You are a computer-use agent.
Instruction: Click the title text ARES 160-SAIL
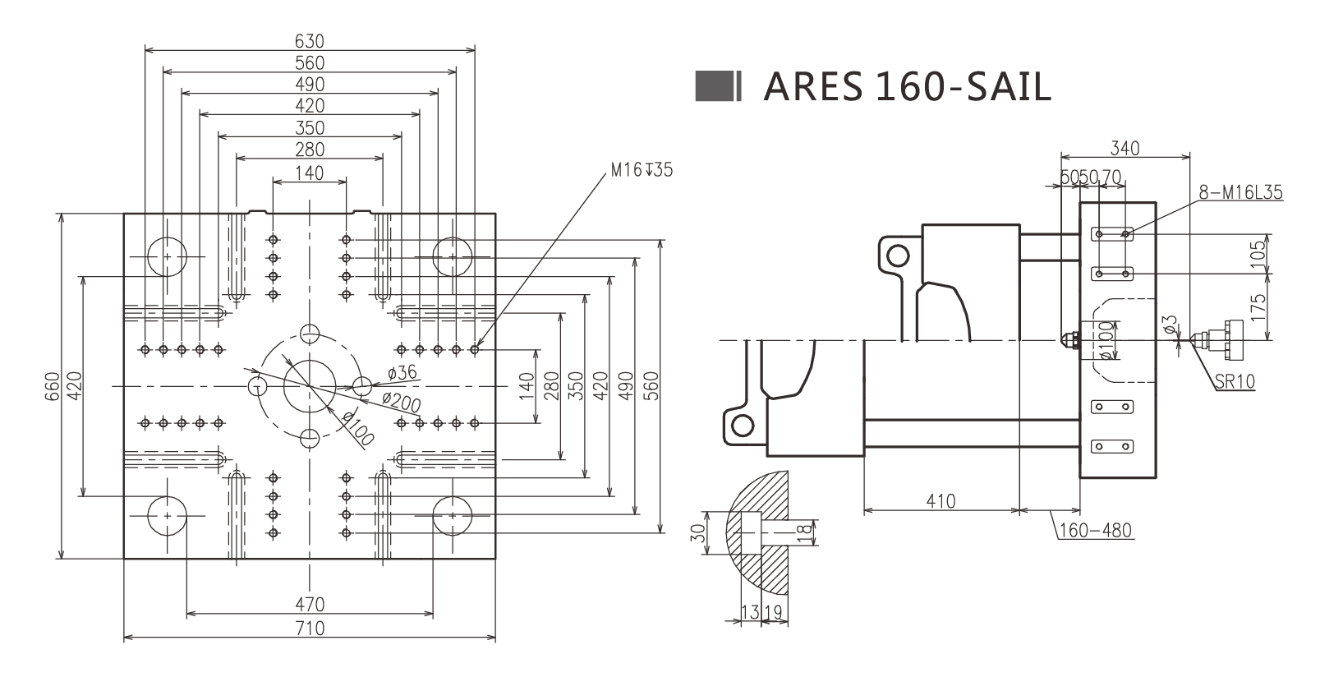coord(907,86)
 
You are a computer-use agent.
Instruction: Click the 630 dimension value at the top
coord(310,40)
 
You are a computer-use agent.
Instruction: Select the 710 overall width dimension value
coord(310,629)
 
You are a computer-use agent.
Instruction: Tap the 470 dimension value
coord(310,605)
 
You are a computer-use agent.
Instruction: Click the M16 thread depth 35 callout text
coord(641,170)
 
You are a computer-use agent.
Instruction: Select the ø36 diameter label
coord(402,372)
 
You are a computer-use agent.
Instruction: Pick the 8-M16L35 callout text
coord(1240,193)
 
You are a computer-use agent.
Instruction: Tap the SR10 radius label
coord(1234,382)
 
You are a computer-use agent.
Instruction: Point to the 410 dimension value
coord(941,500)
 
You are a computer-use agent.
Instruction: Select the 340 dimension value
coord(1125,148)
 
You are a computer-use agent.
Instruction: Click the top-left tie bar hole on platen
coord(168,256)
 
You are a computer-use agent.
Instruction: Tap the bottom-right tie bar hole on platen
coord(452,515)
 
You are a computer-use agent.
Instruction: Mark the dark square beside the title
coord(713,86)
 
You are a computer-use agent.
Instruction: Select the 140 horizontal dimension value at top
coord(310,173)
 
